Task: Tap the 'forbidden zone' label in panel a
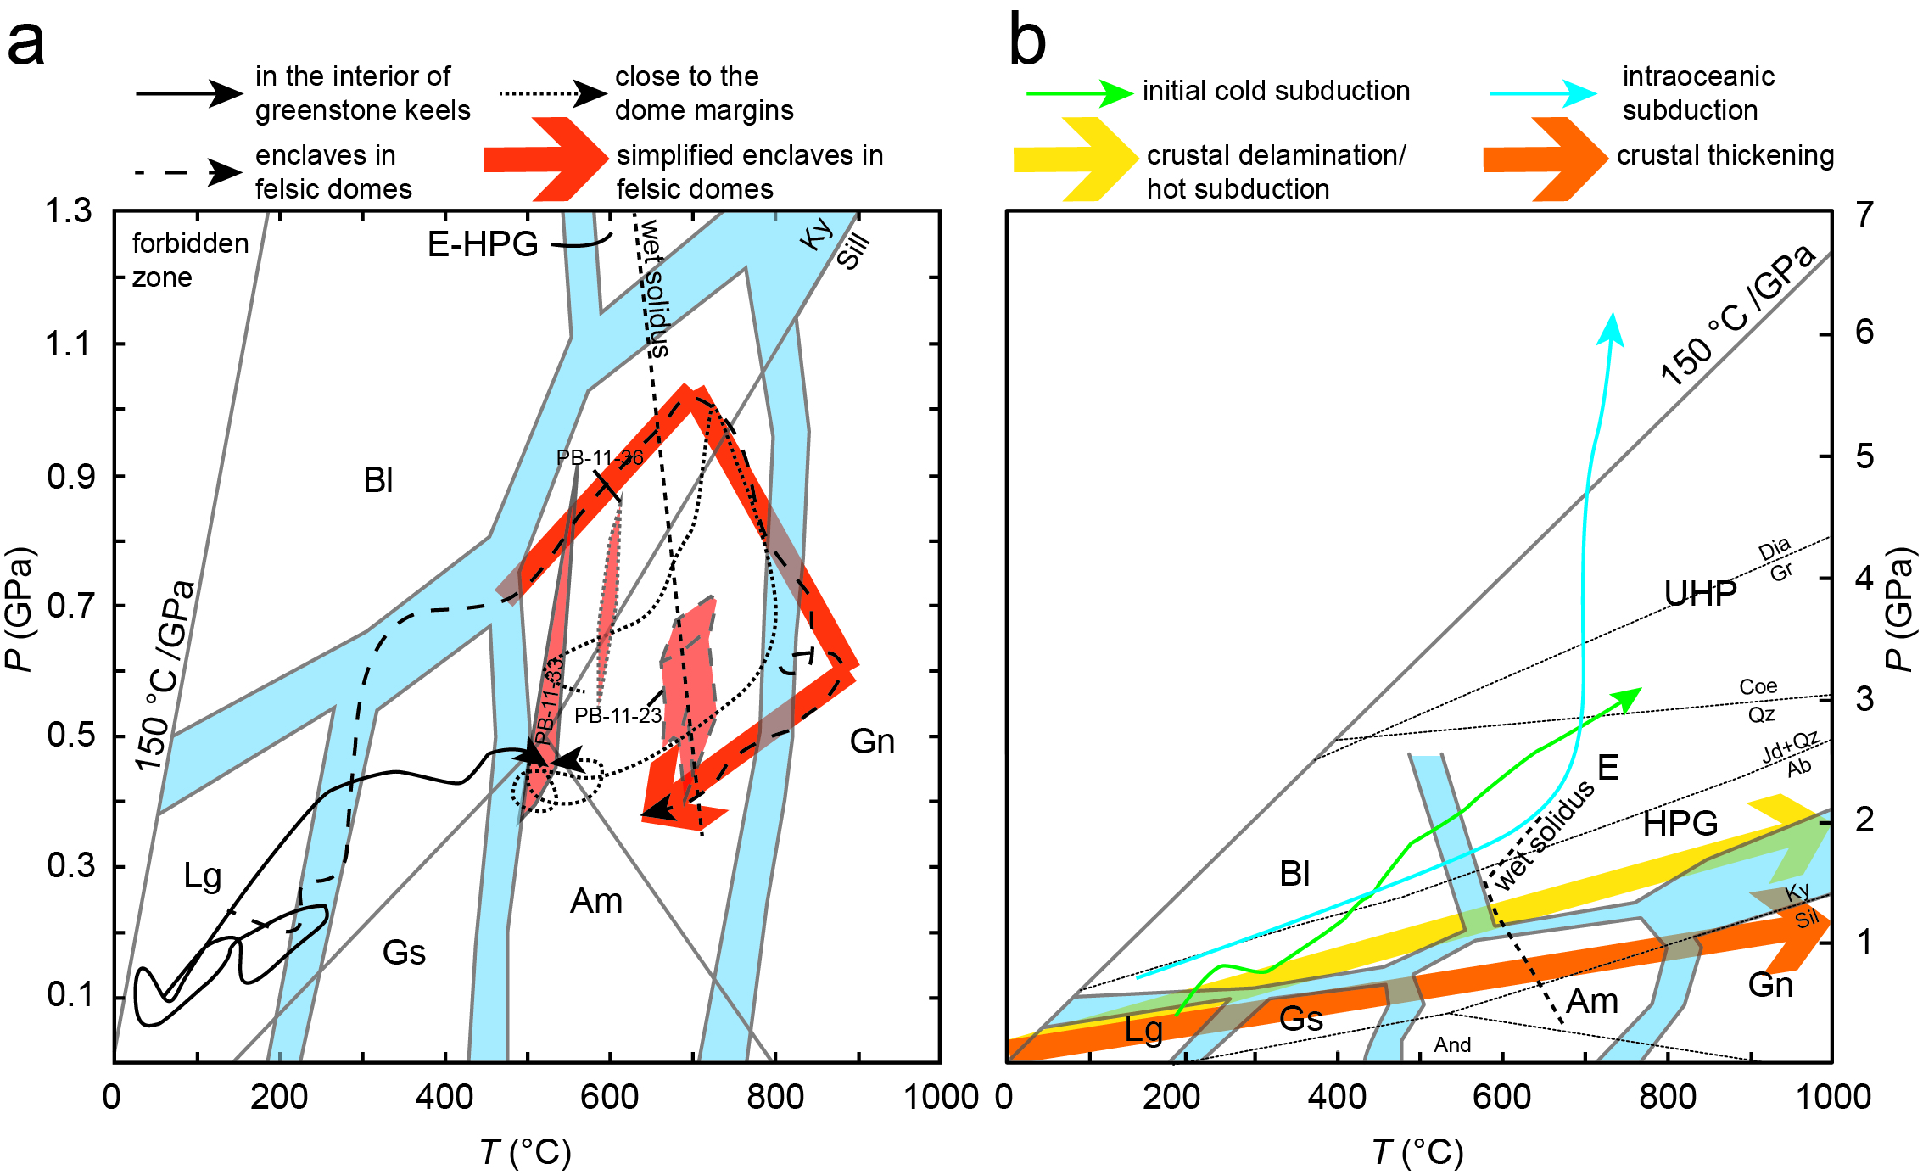[189, 260]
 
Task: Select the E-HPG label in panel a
[482, 244]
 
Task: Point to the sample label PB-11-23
[618, 715]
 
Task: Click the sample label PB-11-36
[599, 458]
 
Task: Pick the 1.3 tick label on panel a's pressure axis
[68, 210]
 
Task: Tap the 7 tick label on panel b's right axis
[1864, 215]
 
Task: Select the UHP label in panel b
[1700, 594]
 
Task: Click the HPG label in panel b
[1680, 824]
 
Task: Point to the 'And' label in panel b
[1452, 1044]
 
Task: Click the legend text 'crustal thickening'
[1725, 155]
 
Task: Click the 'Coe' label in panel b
[1758, 686]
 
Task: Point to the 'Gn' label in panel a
[872, 741]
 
